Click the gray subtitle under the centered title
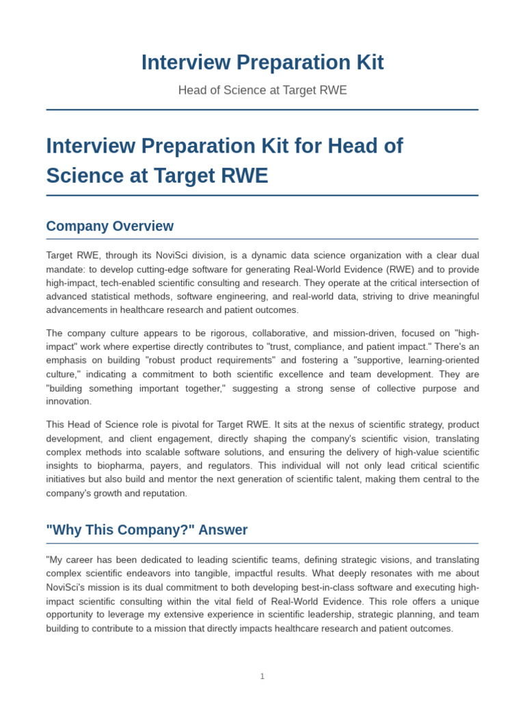pyautogui.click(x=262, y=90)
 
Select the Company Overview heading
pyautogui.click(x=109, y=227)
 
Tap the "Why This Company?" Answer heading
pyautogui.click(x=147, y=530)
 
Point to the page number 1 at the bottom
pyautogui.click(x=262, y=676)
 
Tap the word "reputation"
pyautogui.click(x=163, y=493)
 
